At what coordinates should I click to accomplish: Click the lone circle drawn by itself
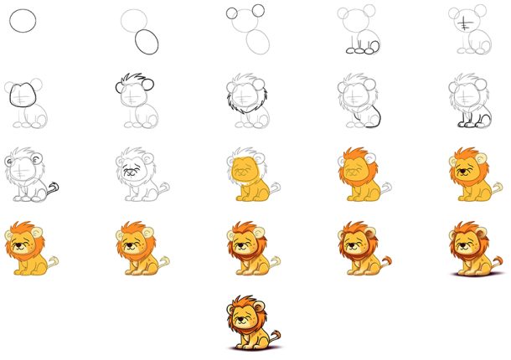23,21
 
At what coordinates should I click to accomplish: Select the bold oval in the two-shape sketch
147,42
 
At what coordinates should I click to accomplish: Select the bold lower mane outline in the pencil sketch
234,110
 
